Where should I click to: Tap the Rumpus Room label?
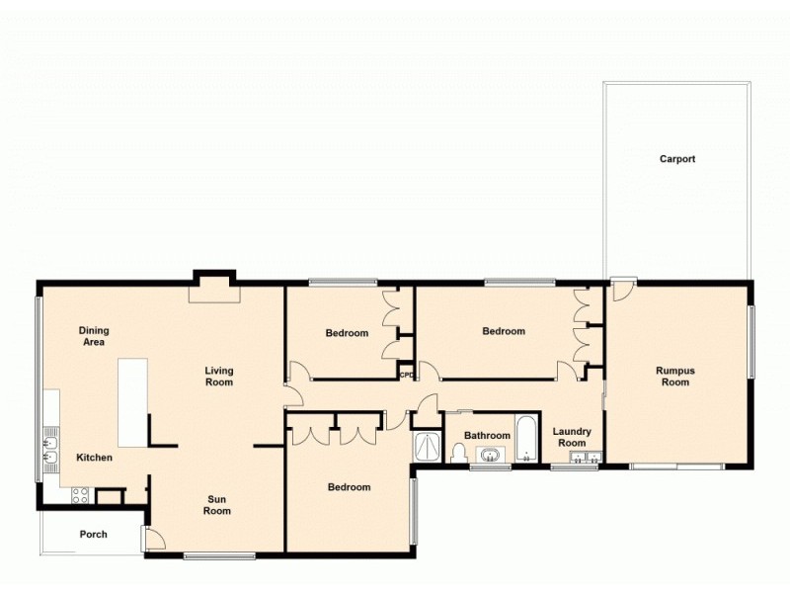[x=675, y=376]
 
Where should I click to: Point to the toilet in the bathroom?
[x=458, y=453]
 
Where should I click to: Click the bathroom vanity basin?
[x=490, y=455]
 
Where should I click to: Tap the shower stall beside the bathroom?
[x=428, y=448]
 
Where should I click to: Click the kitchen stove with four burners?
[x=80, y=493]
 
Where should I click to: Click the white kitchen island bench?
[x=132, y=402]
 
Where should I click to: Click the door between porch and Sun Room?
[x=153, y=539]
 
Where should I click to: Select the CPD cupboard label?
[x=406, y=375]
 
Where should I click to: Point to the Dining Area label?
[x=94, y=336]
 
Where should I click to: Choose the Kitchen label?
[x=95, y=458]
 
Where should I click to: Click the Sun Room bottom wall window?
[x=218, y=555]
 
